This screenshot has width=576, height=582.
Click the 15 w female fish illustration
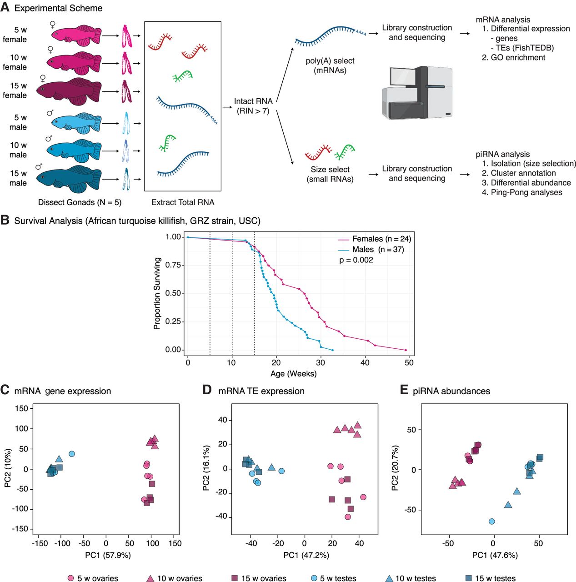click(69, 91)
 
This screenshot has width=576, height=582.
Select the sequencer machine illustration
click(417, 93)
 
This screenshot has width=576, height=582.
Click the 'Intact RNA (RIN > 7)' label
click(253, 106)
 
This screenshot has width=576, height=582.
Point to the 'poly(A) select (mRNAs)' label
click(330, 65)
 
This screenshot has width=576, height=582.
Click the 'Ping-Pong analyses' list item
click(526, 192)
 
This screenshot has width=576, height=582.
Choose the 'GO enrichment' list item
click(518, 57)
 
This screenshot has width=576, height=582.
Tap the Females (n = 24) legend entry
click(381, 239)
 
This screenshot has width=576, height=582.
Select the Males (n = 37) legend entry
click(378, 249)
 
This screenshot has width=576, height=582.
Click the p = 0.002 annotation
click(356, 260)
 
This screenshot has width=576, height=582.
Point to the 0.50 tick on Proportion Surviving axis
click(173, 293)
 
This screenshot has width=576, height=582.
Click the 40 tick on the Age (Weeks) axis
click(365, 362)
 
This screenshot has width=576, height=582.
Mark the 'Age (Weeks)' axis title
click(293, 374)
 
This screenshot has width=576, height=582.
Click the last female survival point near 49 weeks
click(406, 350)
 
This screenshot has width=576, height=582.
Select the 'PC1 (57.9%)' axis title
click(108, 555)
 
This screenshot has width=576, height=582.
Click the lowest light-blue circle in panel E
click(491, 522)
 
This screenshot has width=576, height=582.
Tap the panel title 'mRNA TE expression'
click(261, 391)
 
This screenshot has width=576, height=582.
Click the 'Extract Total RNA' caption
click(183, 202)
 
